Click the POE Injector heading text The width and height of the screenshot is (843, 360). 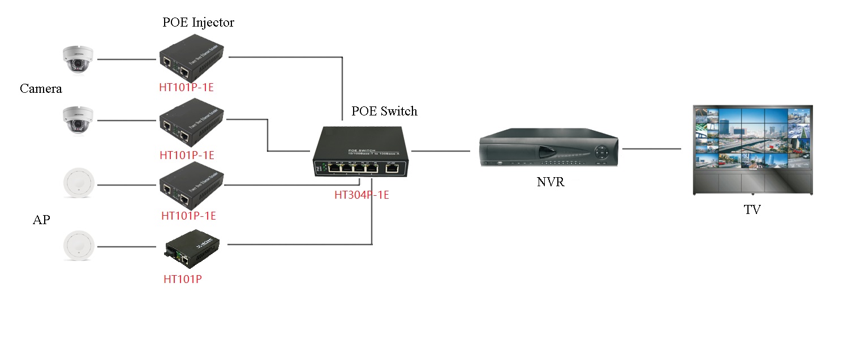[198, 23]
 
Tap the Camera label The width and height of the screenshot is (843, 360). [41, 88]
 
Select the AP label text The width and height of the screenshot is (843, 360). [41, 220]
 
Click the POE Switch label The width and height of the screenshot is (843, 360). [384, 111]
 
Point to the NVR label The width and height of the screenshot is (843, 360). [550, 182]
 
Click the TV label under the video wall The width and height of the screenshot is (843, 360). [752, 209]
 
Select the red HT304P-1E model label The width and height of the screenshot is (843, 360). [361, 195]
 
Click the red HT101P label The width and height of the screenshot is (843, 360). [183, 278]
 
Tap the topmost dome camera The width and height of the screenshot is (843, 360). [78, 59]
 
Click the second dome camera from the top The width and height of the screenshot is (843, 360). [78, 120]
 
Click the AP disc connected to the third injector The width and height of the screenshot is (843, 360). [77, 184]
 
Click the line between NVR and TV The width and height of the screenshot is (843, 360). [651, 149]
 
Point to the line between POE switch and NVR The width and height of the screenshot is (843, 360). [441, 151]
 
